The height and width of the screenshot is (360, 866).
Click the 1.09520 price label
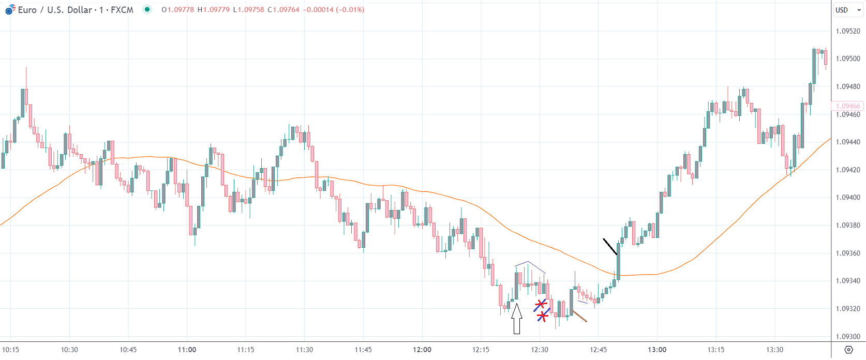848,31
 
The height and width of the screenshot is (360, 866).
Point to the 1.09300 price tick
848,337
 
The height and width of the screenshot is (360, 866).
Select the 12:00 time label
422,350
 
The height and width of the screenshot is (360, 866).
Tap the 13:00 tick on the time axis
657,350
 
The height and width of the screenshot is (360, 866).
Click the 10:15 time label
10,350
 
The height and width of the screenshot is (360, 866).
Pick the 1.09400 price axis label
848,198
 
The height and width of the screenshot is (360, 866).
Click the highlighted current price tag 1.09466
848,106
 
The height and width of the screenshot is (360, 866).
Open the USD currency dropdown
848,10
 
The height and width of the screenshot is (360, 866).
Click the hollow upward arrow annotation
516,319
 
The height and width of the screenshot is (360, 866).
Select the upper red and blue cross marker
541,304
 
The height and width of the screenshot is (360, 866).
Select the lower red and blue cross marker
542,315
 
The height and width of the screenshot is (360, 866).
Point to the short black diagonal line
610,247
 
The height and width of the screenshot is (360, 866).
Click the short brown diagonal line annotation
579,316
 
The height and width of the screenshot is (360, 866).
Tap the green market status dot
147,9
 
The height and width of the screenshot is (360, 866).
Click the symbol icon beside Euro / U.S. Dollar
10,9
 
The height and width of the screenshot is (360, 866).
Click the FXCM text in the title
122,10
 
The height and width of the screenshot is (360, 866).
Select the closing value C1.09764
283,10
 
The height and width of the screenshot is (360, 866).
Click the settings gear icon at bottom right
848,350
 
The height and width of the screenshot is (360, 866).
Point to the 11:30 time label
304,350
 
